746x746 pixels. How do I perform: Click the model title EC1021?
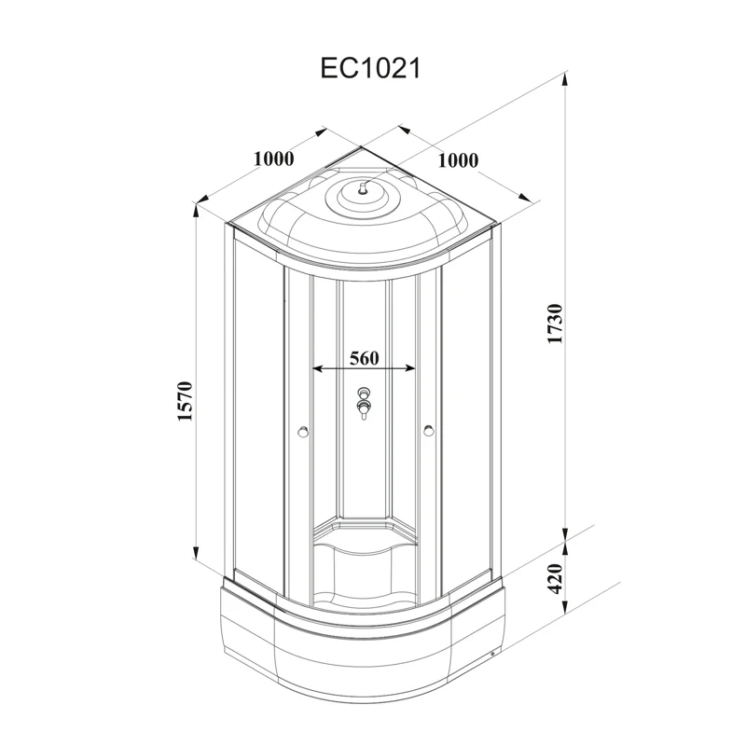pos(370,68)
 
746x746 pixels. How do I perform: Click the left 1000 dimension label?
pos(273,159)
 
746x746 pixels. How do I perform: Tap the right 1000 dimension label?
pos(458,160)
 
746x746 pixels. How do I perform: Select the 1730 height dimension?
pos(555,324)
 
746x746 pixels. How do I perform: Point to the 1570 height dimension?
pos(184,401)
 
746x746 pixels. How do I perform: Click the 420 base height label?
pos(555,578)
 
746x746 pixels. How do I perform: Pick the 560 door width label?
pos(365,358)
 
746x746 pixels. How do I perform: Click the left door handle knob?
pos(302,432)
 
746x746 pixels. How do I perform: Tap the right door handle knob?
pos(428,431)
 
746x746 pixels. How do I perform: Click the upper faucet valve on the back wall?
pos(364,393)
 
